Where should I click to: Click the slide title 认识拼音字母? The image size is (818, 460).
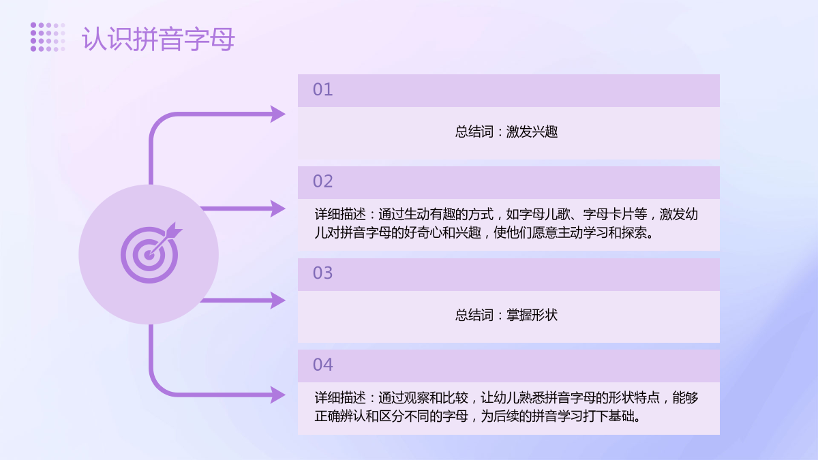pyautogui.click(x=157, y=39)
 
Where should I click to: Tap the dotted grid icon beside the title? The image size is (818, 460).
pyautogui.click(x=48, y=37)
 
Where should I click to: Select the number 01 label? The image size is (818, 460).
pyautogui.click(x=322, y=90)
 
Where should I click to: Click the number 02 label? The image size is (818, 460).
pyautogui.click(x=322, y=181)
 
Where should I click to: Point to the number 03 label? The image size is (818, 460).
pyautogui.click(x=322, y=273)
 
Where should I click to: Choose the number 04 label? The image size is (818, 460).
pyautogui.click(x=322, y=365)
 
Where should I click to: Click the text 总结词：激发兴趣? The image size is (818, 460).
pyautogui.click(x=506, y=132)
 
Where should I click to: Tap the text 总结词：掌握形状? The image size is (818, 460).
pyautogui.click(x=506, y=315)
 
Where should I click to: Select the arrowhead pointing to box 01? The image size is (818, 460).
pyautogui.click(x=278, y=114)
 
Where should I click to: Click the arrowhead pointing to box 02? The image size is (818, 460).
pyautogui.click(x=278, y=209)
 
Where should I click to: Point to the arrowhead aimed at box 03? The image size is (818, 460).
pyautogui.click(x=278, y=300)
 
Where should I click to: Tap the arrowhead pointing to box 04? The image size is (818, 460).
pyautogui.click(x=278, y=395)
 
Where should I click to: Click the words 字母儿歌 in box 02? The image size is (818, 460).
pyautogui.click(x=544, y=214)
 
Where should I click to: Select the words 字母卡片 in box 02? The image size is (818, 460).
pyautogui.click(x=609, y=214)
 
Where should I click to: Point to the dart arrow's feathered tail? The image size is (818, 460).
pyautogui.click(x=174, y=230)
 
